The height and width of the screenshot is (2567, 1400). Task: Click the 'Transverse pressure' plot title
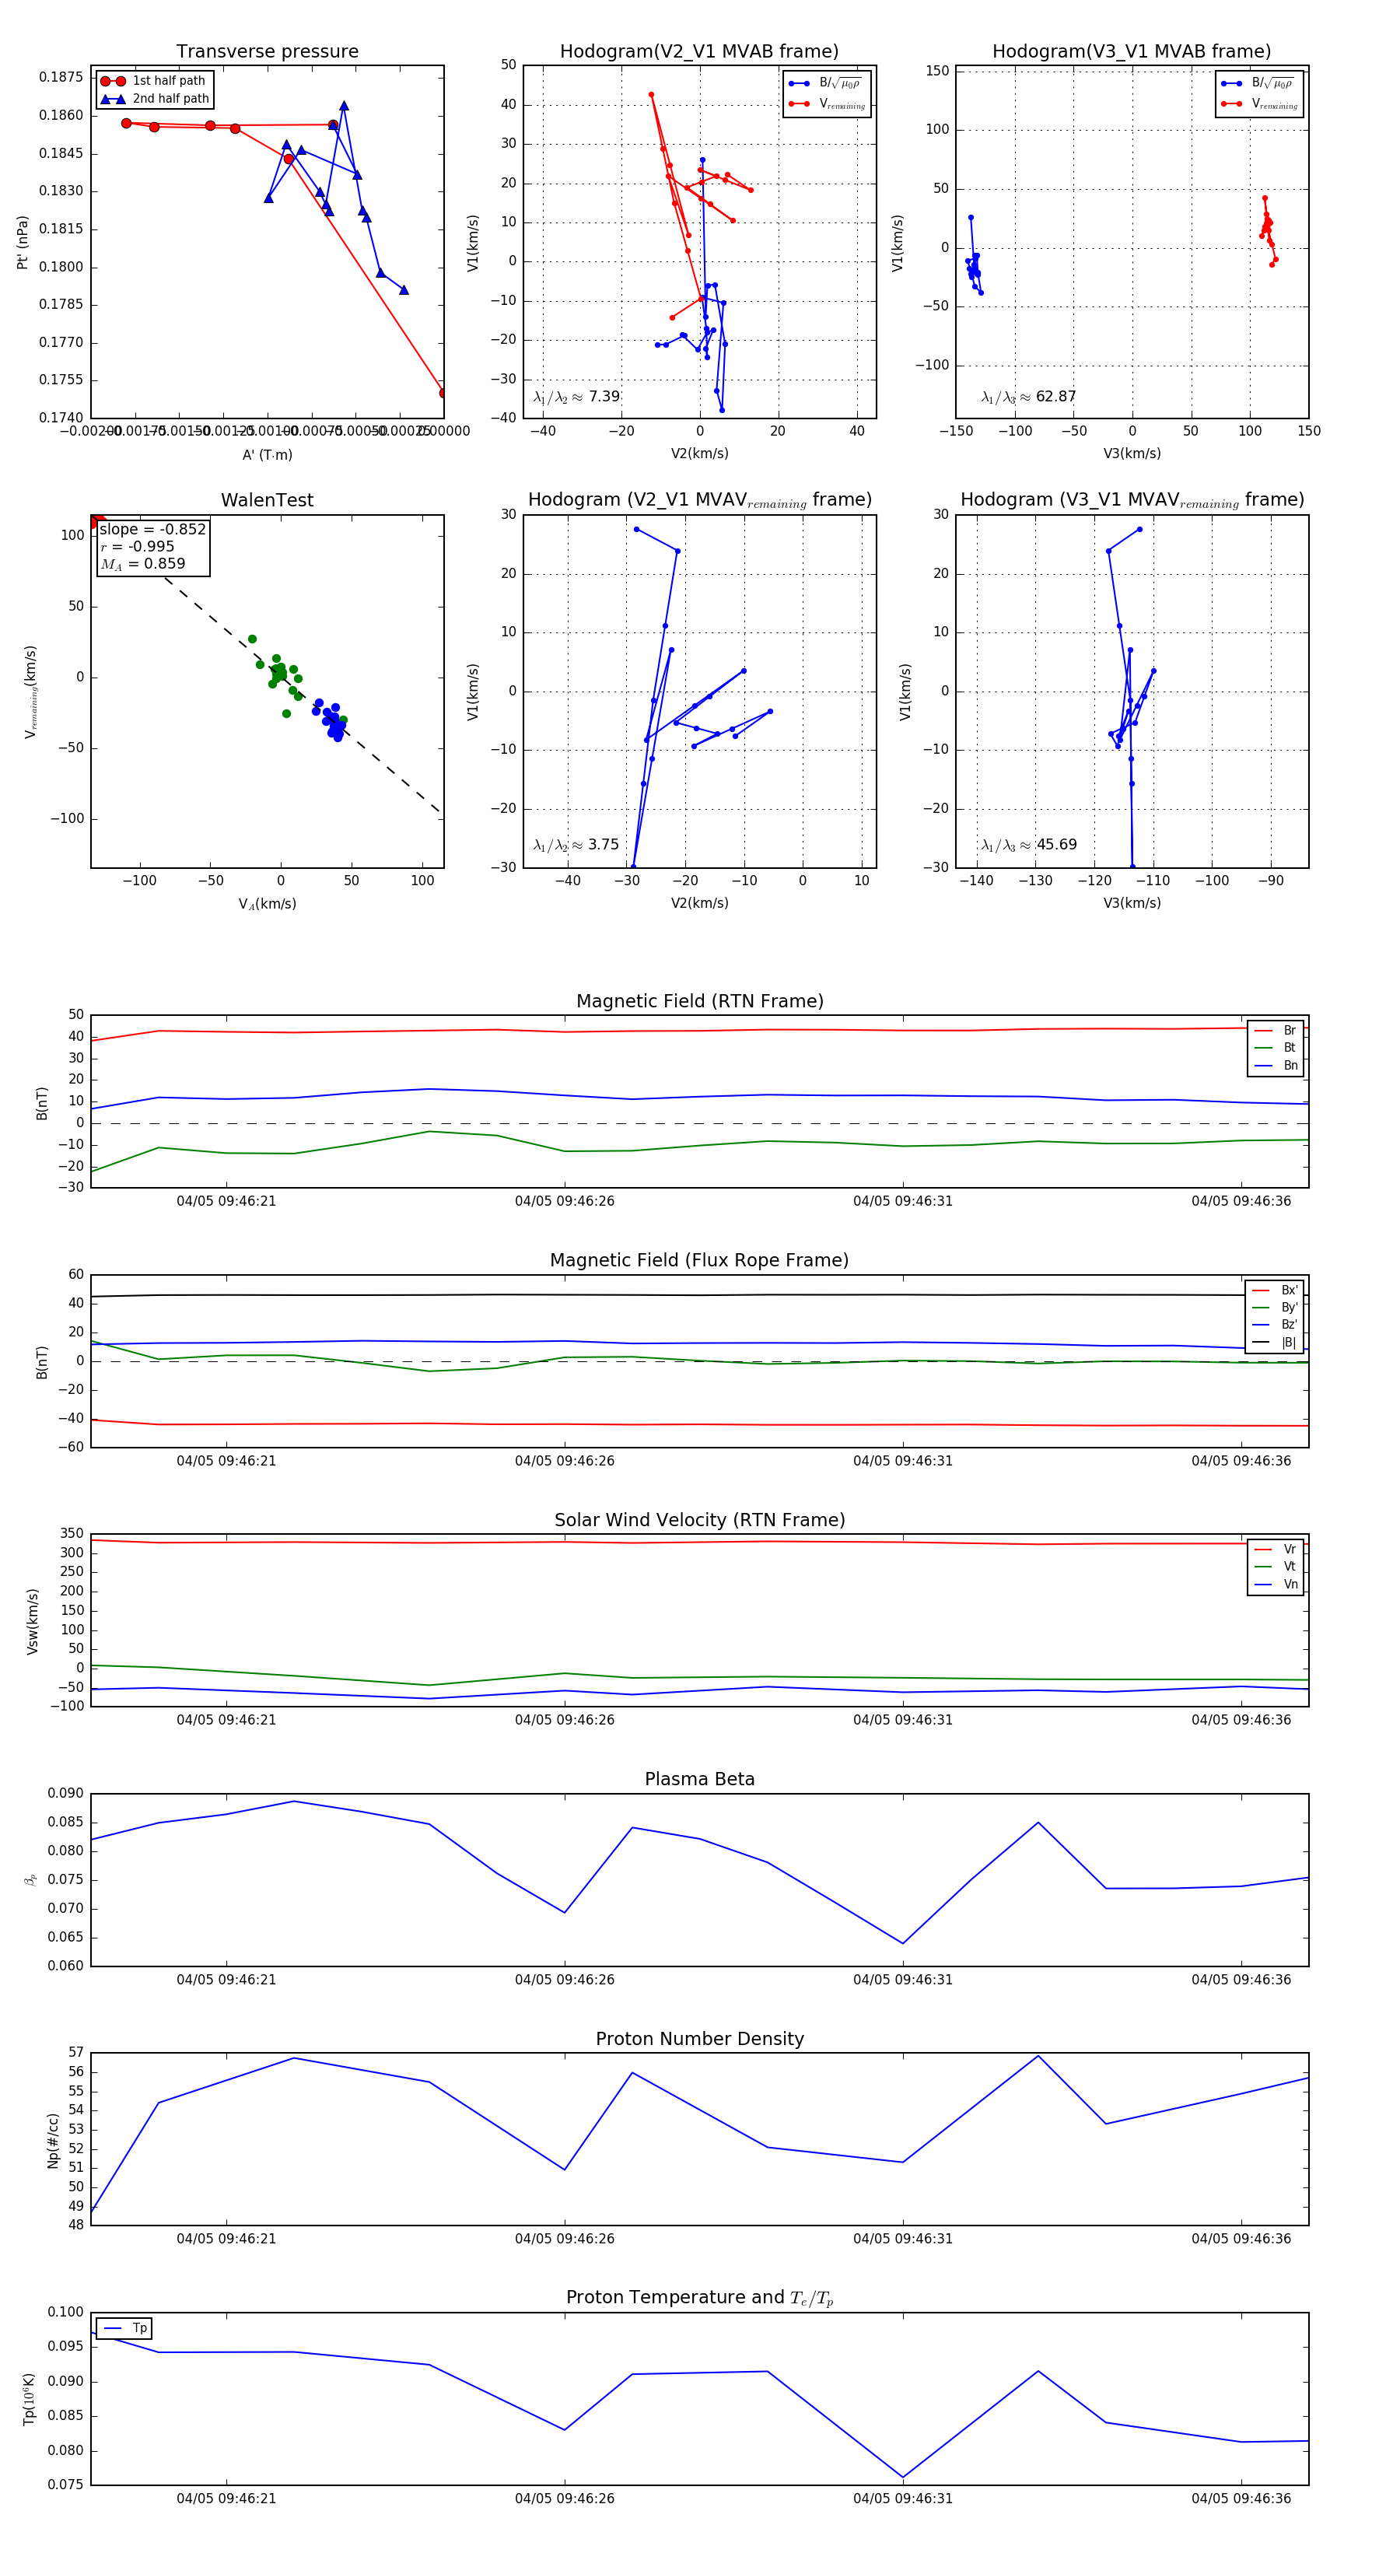(267, 52)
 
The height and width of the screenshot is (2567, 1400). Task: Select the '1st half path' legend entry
(169, 81)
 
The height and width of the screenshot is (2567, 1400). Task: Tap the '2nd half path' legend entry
(170, 99)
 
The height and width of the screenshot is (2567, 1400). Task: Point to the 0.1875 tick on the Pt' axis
(61, 78)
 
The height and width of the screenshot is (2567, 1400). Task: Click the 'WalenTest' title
(267, 500)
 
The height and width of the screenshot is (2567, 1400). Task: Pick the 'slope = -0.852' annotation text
(152, 529)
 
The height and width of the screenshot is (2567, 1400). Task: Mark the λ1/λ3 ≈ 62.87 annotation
(1028, 397)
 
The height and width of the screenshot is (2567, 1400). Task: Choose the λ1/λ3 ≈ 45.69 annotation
(1028, 845)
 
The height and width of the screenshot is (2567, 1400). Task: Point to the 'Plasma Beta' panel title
(699, 1780)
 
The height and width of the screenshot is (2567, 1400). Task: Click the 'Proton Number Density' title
(699, 2039)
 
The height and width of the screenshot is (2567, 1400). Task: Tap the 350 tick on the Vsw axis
(72, 1534)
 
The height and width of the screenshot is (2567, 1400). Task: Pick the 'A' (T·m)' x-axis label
(267, 454)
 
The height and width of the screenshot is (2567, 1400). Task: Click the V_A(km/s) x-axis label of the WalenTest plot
(267, 904)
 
